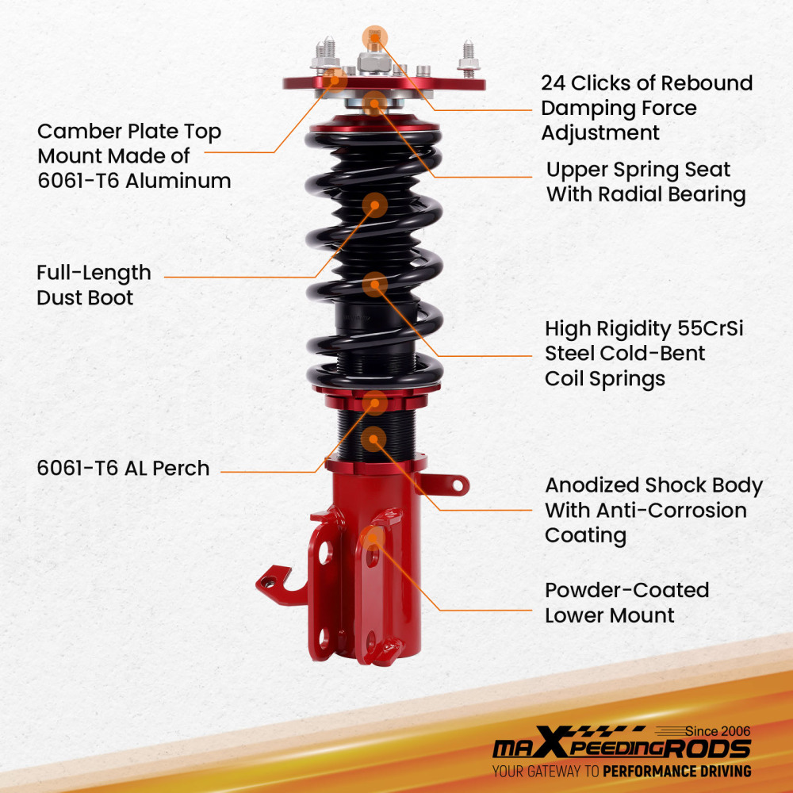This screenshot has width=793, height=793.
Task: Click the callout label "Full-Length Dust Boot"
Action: click(94, 285)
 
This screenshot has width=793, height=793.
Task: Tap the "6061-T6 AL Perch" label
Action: click(123, 468)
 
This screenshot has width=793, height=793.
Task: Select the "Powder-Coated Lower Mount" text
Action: click(626, 602)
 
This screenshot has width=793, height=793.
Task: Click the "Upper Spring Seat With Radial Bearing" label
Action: click(646, 182)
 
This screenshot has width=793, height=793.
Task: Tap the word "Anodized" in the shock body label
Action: click(592, 485)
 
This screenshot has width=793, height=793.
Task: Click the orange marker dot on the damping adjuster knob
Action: click(375, 36)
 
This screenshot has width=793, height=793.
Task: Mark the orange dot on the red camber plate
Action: click(336, 77)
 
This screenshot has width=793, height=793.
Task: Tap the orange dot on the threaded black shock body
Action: click(374, 439)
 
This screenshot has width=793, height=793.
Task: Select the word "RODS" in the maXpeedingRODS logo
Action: click(709, 749)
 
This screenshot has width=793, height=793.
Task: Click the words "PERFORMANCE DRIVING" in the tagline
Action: click(676, 771)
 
